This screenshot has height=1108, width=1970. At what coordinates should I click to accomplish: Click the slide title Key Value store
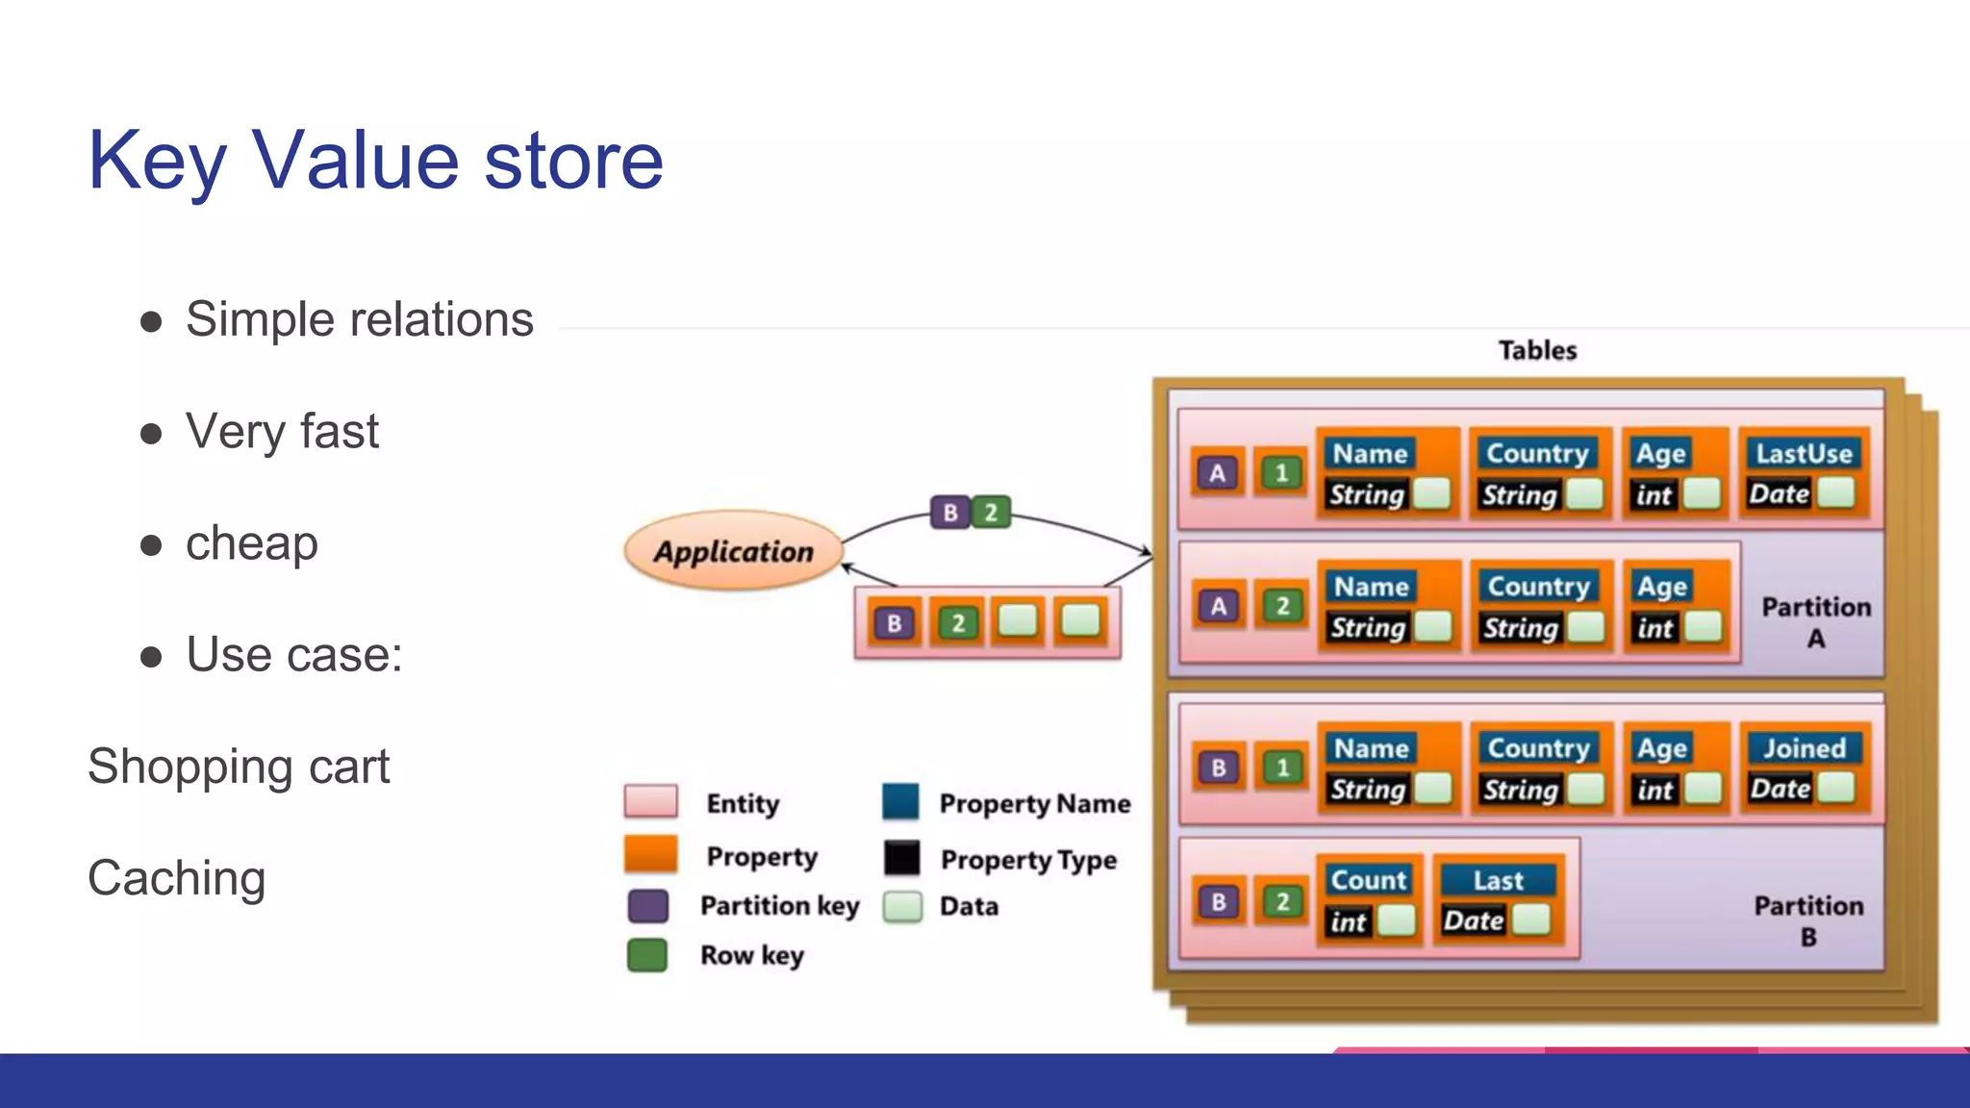[x=375, y=161]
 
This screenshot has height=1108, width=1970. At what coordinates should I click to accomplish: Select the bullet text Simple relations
[x=359, y=319]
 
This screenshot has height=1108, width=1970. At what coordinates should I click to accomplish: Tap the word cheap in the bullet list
[x=251, y=543]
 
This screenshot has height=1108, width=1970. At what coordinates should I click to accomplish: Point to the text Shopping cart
[x=239, y=767]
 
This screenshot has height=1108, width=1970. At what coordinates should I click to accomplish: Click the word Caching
[x=177, y=878]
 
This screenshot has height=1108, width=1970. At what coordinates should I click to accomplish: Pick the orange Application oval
[x=733, y=551]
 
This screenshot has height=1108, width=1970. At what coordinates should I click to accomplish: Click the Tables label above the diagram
[x=1537, y=350]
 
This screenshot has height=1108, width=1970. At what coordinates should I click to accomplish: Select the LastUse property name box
[x=1804, y=453]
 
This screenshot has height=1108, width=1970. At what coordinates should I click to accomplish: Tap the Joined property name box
[x=1804, y=748]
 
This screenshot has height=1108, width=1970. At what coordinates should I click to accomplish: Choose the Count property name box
[x=1368, y=879]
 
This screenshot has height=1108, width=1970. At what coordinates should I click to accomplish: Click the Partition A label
[x=1816, y=621]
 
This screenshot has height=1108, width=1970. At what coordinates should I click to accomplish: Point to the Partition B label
[x=1808, y=920]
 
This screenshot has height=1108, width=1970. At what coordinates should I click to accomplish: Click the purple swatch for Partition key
[x=647, y=906]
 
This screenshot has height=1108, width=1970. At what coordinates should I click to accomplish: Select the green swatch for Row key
[x=647, y=955]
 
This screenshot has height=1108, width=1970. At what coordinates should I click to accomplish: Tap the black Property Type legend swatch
[x=901, y=858]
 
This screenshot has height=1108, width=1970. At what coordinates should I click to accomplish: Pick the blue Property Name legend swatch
[x=901, y=802]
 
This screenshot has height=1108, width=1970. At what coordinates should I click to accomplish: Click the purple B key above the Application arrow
[x=949, y=513]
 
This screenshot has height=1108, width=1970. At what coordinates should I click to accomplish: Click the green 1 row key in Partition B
[x=1281, y=768]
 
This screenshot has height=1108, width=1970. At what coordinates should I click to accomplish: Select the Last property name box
[x=1497, y=880]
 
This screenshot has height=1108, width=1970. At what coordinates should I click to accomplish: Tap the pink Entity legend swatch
[x=650, y=801]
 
